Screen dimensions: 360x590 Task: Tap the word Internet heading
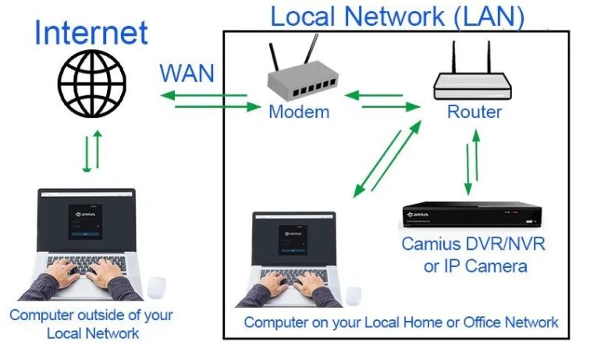(91, 33)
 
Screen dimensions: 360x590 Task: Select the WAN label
(187, 73)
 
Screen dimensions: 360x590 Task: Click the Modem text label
(299, 112)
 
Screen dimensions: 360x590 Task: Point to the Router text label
(474, 112)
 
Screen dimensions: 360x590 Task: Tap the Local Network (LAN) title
(396, 16)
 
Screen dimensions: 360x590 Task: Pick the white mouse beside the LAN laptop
(354, 294)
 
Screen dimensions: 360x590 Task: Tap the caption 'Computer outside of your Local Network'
(91, 324)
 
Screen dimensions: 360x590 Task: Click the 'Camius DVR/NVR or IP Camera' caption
(473, 255)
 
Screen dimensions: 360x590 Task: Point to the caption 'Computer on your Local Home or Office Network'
(401, 322)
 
